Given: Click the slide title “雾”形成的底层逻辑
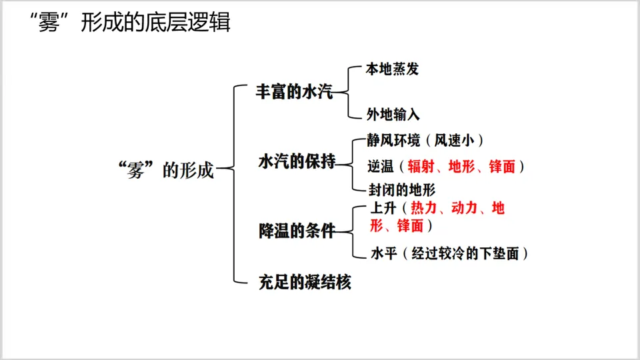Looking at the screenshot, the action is pos(131,23).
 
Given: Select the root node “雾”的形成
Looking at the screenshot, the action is pos(165,170).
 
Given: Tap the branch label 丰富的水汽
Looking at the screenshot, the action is pos(294,92).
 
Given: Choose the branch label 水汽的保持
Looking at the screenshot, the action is pos(297,162).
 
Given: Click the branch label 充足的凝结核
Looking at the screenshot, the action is pos(305,282).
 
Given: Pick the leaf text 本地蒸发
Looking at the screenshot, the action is pos(393,69).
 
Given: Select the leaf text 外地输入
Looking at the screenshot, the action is pos(393,115).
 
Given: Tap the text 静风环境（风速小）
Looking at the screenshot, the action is pos(425,141).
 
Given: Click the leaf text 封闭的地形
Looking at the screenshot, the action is pos(402,189).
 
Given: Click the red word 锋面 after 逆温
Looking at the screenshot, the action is pos(502,167).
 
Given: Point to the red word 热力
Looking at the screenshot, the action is pos(425,208).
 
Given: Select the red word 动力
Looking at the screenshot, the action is pos(465,208).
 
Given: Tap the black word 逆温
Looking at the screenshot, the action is pos(381,167).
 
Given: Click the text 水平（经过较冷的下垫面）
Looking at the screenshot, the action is pos(450,253).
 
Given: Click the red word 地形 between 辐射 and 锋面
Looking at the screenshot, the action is pos(462,167).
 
